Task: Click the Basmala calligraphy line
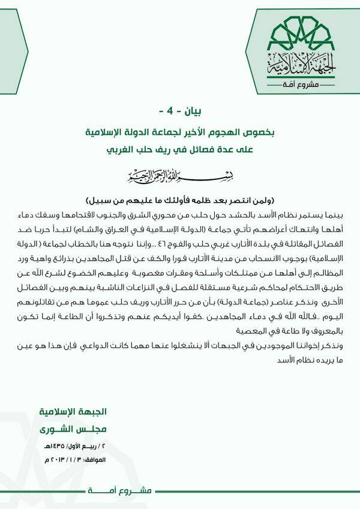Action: [x=180, y=177]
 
